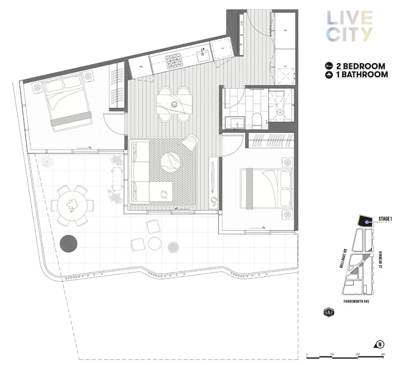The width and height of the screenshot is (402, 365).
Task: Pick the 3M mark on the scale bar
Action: pyautogui.click(x=382, y=355)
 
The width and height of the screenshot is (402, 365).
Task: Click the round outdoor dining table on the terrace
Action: pyautogui.click(x=71, y=205)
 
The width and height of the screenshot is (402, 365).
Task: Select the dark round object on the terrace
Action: pyautogui.click(x=69, y=243)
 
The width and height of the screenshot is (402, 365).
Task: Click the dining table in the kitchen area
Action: pyautogui.click(x=174, y=104)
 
